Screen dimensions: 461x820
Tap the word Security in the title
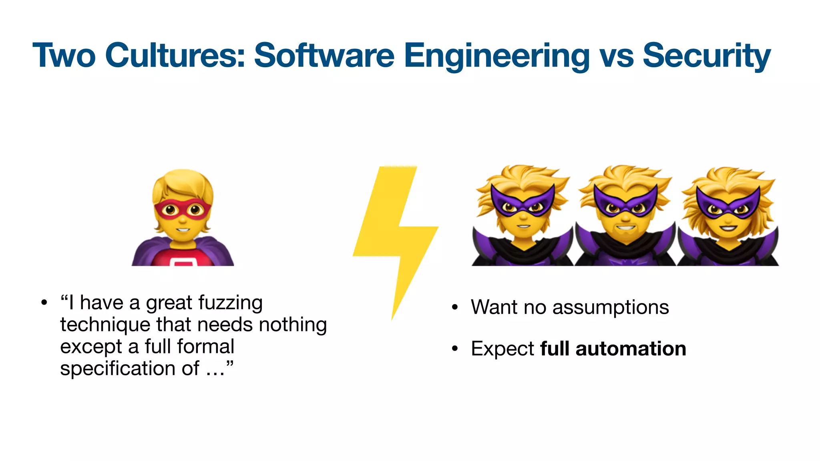(706, 56)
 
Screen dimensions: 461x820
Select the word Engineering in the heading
(496, 56)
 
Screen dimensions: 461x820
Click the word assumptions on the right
(610, 307)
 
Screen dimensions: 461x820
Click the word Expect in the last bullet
(502, 349)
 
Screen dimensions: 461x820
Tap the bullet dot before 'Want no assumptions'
(454, 307)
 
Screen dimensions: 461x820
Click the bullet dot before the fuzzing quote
(44, 303)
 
